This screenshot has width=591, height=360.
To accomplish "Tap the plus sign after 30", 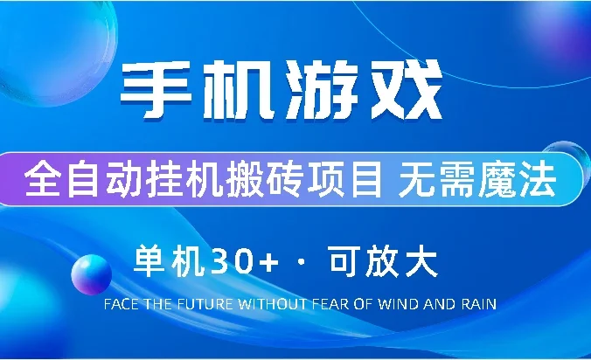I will tap(268, 261).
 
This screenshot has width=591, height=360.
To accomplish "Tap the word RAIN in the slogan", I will tap(481, 305).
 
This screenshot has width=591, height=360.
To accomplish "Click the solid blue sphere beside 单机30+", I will tap(91, 274).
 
